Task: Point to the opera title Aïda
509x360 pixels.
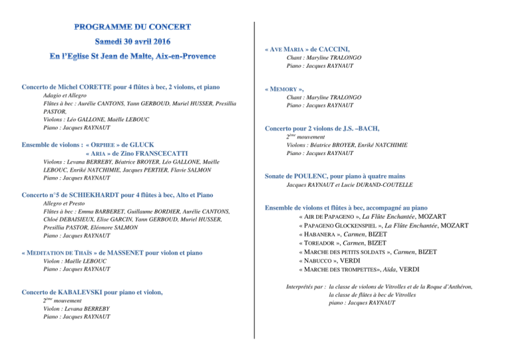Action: coord(387,270)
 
